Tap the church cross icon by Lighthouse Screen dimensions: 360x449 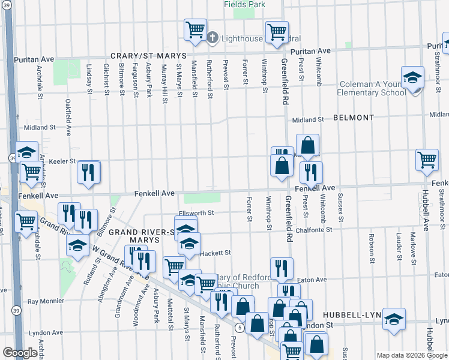[x=212, y=38]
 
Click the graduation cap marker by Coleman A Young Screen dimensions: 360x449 [x=412, y=78]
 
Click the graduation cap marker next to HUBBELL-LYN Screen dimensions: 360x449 [x=394, y=319]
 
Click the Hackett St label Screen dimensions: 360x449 [x=215, y=253]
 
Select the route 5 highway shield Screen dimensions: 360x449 [x=240, y=327]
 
